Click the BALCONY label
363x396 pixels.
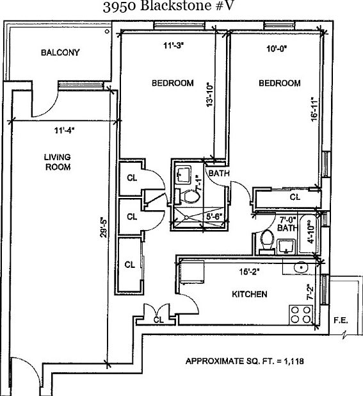point(60,53)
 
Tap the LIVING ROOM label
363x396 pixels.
point(58,162)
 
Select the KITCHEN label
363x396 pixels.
point(250,294)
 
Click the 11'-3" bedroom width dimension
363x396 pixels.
point(173,45)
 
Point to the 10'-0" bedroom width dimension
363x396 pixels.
point(277,49)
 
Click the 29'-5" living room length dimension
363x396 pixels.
point(104,227)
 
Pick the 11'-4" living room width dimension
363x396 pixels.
point(65,130)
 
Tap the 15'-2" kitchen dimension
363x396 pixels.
point(250,272)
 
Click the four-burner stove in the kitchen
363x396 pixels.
point(301,315)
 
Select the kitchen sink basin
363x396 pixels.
point(301,268)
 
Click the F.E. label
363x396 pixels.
point(341,320)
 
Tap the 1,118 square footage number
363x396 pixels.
point(294,361)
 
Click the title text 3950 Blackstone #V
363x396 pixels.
point(168,6)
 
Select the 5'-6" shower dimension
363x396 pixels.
point(214,217)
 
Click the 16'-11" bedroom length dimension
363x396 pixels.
point(314,109)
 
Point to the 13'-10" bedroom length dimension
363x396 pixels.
point(210,94)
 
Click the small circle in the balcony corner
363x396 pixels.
point(107,31)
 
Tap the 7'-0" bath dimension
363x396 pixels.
point(287,219)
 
